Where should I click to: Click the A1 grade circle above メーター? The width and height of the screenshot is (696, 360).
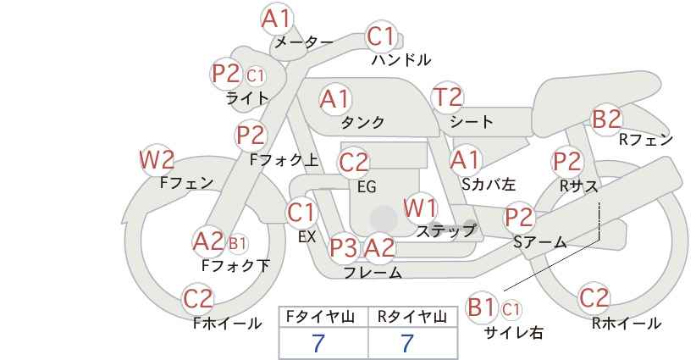point(276,19)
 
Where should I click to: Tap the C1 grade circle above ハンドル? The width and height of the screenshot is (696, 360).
point(381,37)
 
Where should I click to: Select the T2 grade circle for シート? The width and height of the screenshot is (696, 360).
point(447,98)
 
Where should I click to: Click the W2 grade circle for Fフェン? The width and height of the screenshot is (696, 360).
point(157,159)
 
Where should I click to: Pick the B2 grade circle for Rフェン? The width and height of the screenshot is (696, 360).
point(606,119)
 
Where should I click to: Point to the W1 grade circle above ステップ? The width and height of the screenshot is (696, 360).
point(420,208)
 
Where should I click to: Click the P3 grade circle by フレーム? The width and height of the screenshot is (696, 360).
point(343,248)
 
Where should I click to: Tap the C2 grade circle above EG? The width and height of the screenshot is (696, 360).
point(353,161)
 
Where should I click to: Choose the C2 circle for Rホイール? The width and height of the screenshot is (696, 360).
point(594,298)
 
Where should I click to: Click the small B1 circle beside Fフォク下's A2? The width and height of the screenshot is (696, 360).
point(238,244)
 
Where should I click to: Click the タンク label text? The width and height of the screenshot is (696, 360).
point(362,123)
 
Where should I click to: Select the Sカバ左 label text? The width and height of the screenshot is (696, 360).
point(489,183)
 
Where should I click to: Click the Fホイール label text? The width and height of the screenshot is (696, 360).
point(222,323)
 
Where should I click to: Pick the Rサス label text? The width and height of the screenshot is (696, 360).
point(578,183)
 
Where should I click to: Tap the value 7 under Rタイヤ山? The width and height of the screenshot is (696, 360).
point(407,343)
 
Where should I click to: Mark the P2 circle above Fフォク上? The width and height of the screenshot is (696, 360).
point(251,135)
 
